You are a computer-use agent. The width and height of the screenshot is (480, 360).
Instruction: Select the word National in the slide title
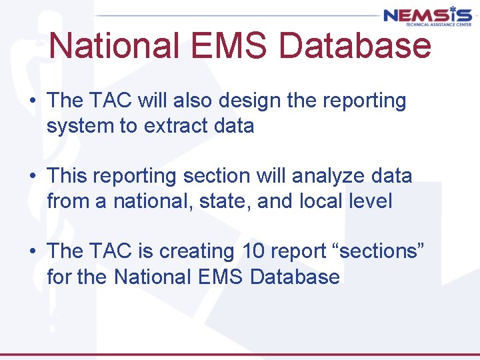(x=113, y=46)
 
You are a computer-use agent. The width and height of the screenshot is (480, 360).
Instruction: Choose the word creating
(x=197, y=251)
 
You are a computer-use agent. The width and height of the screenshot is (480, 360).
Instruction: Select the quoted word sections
(x=379, y=251)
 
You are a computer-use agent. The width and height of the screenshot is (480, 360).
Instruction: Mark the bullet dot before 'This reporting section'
(x=32, y=177)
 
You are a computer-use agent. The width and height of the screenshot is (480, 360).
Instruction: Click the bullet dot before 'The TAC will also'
(x=32, y=101)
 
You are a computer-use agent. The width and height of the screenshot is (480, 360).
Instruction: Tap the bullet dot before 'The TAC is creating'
(x=32, y=252)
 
